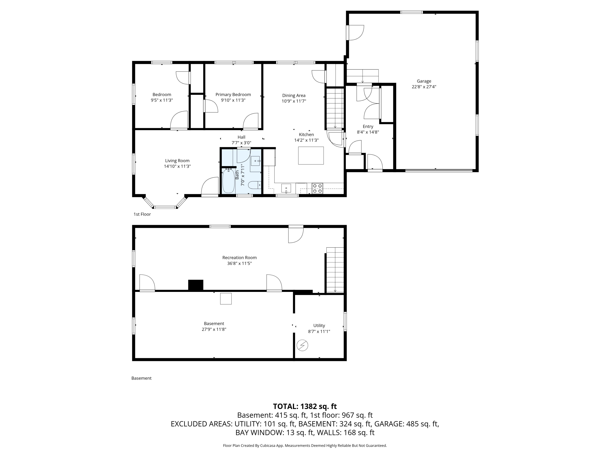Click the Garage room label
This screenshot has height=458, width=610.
pos(424,81)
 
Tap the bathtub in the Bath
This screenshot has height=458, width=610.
pos(228,181)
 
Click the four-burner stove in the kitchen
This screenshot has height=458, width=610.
pos(317,188)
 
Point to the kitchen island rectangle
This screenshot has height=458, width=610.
pos(311,156)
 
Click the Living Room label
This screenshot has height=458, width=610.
pos(177,161)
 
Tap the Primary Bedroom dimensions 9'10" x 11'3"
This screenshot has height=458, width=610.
pos(233,100)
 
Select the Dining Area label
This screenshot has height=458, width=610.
pos(294,95)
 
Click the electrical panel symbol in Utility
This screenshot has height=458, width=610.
pos(302,345)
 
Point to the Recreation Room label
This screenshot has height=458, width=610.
pos(239,257)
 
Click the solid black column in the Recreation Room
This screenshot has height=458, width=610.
pos(196,285)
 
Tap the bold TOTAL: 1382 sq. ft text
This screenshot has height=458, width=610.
pos(305,406)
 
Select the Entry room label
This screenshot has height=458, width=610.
pos(368,126)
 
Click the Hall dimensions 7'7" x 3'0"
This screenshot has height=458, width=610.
pos(241,143)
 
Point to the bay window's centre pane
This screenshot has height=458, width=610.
pos(165,207)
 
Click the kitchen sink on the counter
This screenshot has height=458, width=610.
pos(286,188)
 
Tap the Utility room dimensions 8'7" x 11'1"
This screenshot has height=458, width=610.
pos(319,331)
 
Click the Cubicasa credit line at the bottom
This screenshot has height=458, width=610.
pos(305,445)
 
